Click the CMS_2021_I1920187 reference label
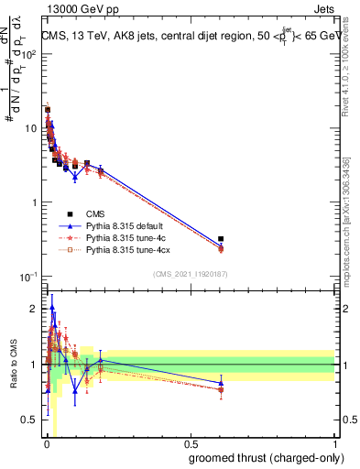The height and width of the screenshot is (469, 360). [x=190, y=273]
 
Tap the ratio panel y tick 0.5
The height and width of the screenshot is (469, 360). [x=32, y=420]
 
